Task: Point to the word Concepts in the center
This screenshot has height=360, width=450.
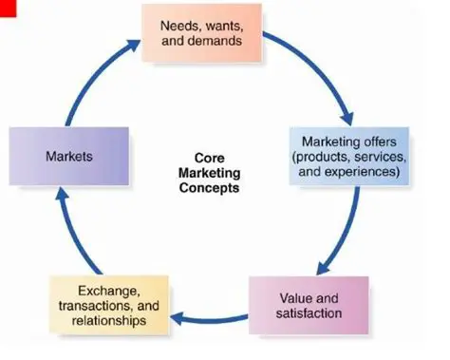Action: click(214, 188)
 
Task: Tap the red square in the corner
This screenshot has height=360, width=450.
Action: click(7, 9)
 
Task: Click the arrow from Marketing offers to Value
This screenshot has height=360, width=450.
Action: click(344, 234)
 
